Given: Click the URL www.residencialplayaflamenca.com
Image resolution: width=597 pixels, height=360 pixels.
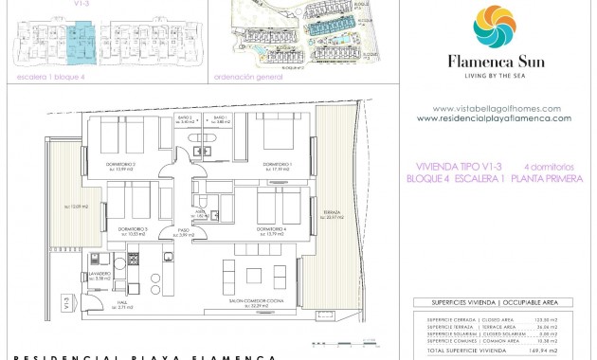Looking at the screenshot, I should [x=494, y=118].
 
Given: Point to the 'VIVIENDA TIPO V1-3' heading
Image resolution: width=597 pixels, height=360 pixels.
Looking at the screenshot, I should [x=454, y=166].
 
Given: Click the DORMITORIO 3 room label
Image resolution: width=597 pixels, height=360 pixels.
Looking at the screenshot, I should [x=133, y=229].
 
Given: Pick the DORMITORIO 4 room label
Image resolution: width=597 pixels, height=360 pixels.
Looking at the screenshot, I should [x=271, y=229].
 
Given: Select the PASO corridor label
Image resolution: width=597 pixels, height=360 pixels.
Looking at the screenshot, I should [x=172, y=232].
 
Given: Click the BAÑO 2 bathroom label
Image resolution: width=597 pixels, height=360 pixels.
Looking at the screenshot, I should [x=188, y=118].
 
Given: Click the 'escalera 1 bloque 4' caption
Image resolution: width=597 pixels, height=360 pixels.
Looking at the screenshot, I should [x=45, y=77].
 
